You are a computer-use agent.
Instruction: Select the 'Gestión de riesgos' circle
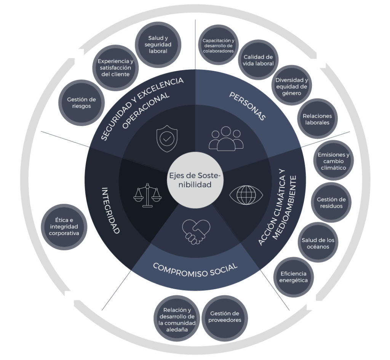pyautogui.click(x=81, y=103)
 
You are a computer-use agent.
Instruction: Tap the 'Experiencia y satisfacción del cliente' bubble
pyautogui.click(x=115, y=67)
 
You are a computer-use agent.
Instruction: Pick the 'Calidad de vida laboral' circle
pyautogui.click(x=259, y=60)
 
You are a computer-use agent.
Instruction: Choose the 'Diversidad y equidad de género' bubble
pyautogui.click(x=291, y=86)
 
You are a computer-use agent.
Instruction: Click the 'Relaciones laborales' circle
pyautogui.click(x=317, y=119)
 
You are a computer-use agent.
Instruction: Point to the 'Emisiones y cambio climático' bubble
pyautogui.click(x=333, y=161)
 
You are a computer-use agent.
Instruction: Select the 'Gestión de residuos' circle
pyautogui.click(x=331, y=203)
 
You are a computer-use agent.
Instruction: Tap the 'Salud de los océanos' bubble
pyautogui.click(x=318, y=243)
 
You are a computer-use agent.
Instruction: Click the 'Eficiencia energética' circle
pyautogui.click(x=293, y=277)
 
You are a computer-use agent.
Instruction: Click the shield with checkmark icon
pyautogui.click(x=166, y=139)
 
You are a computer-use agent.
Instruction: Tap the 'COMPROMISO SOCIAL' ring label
pyautogui.click(x=195, y=271)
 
